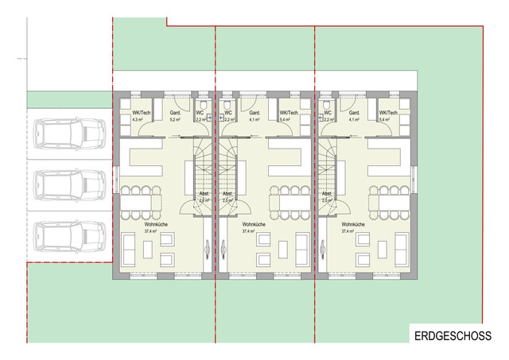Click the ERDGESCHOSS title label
click(453, 336)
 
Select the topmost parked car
click(70, 132)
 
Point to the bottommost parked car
click(70, 236)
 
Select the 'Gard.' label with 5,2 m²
click(175, 114)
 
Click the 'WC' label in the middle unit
click(227, 114)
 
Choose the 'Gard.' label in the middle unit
click(254, 114)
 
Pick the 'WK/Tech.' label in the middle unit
click(287, 114)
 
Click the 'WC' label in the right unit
click(327, 114)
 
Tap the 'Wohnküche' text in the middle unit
click(255, 226)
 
